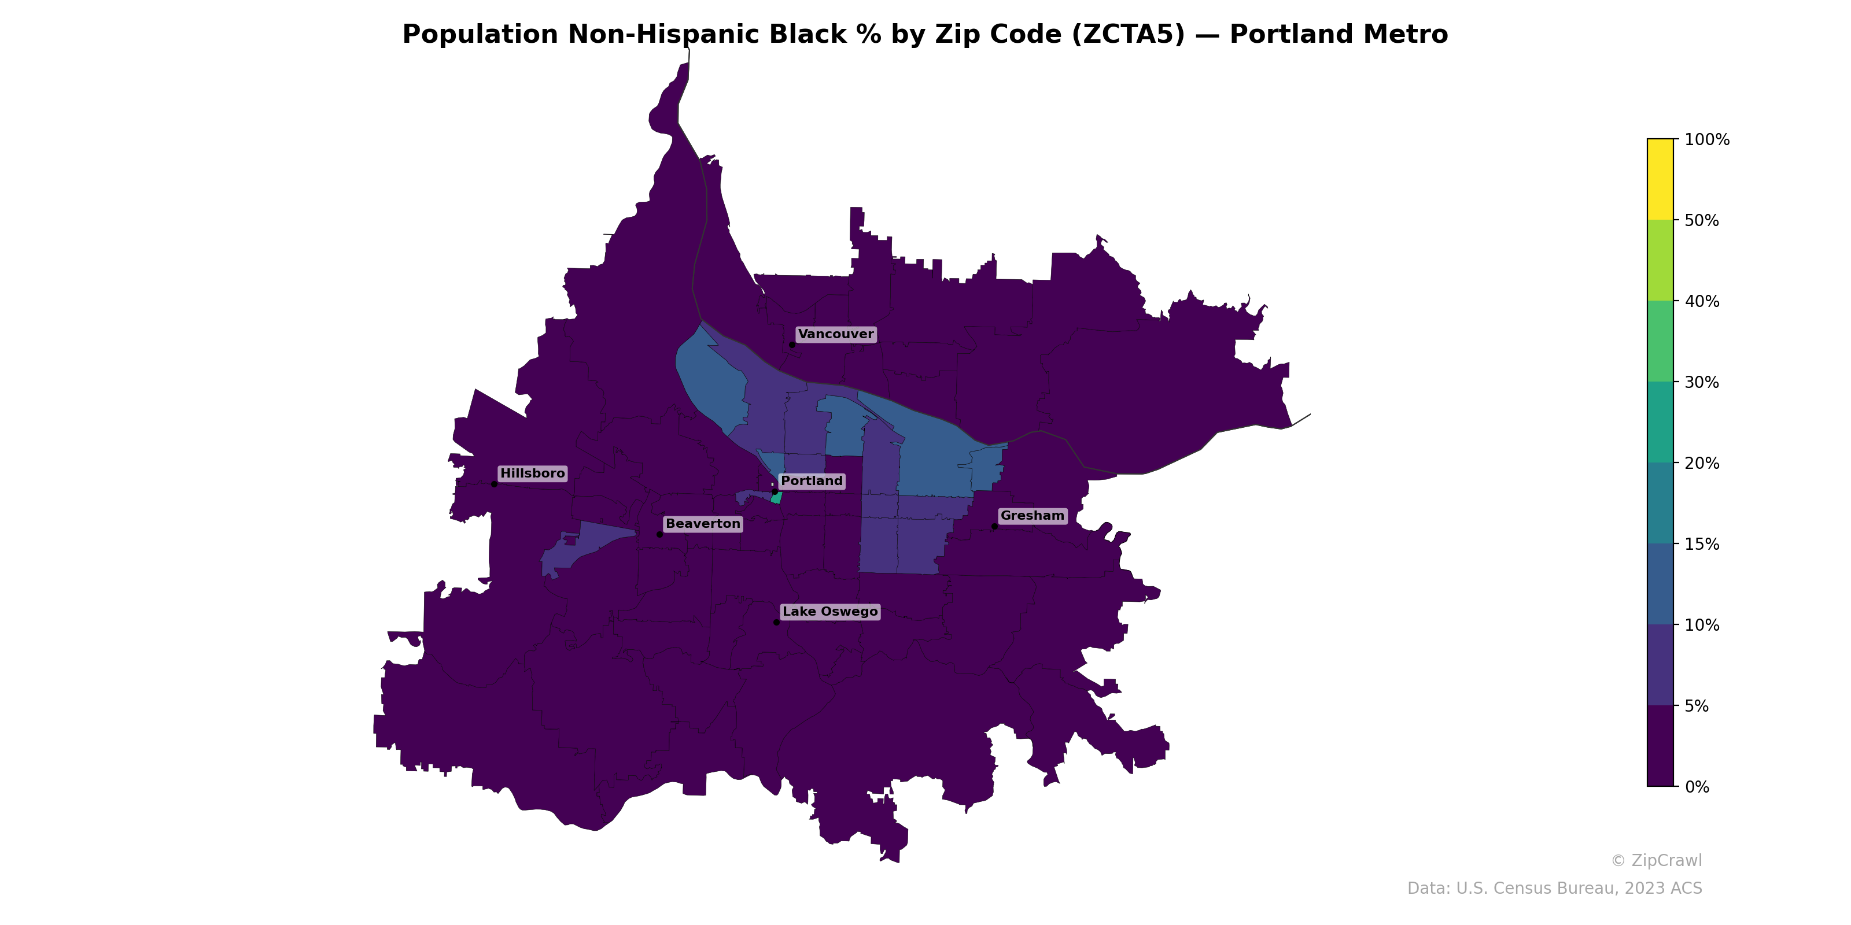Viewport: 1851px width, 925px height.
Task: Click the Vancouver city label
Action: point(836,334)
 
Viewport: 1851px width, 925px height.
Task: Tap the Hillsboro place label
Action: point(532,473)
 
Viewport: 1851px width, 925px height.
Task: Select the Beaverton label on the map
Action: point(703,524)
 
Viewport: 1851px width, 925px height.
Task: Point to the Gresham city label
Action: point(1032,516)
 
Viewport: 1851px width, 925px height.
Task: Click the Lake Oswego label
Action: point(830,612)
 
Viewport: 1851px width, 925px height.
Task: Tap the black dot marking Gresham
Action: point(994,527)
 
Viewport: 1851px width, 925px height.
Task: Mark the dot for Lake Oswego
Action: point(777,622)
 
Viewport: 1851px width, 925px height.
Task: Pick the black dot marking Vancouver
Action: point(792,345)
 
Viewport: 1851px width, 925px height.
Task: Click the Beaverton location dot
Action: point(659,534)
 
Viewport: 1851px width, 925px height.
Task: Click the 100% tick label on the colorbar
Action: point(1706,140)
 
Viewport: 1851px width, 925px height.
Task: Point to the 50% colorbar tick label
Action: point(1702,220)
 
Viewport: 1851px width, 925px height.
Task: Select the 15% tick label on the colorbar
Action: point(1702,545)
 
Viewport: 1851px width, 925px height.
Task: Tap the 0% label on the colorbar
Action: point(1697,787)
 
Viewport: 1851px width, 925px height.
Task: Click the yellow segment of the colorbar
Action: point(1660,180)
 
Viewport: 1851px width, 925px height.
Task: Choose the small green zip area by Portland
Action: point(776,498)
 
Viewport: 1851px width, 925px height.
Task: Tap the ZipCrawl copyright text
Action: point(1656,860)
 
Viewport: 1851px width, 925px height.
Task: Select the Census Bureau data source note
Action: point(1554,889)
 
